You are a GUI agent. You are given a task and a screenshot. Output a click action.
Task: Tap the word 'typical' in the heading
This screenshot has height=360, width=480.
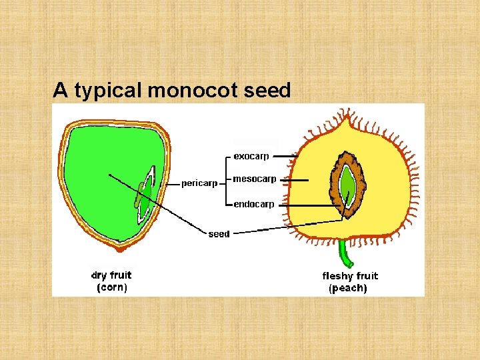pos(109,91)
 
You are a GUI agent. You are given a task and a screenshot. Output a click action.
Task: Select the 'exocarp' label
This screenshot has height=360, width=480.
pos(251,157)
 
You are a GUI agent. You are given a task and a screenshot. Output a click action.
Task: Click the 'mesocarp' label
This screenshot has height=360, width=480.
pos(254,179)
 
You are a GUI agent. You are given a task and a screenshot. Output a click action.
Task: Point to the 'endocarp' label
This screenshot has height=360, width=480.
pos(253,204)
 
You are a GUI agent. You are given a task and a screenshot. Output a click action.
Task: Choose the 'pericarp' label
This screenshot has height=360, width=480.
pos(199,183)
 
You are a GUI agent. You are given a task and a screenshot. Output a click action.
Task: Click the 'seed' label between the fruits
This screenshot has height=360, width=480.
pos(219,234)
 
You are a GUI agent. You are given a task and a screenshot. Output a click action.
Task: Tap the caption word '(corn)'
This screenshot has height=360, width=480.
pos(111,287)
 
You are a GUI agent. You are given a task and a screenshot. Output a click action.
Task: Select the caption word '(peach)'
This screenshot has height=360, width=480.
pos(347,288)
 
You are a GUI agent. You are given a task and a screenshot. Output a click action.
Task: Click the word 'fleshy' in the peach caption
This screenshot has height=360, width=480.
pos(338,275)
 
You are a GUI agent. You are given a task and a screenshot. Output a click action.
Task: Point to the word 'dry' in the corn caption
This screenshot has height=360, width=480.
pos(99,275)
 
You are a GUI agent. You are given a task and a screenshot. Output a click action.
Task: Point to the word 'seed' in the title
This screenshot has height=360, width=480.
pos(267,90)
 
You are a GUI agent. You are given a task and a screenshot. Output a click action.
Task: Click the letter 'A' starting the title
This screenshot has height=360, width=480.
pos(61,90)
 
